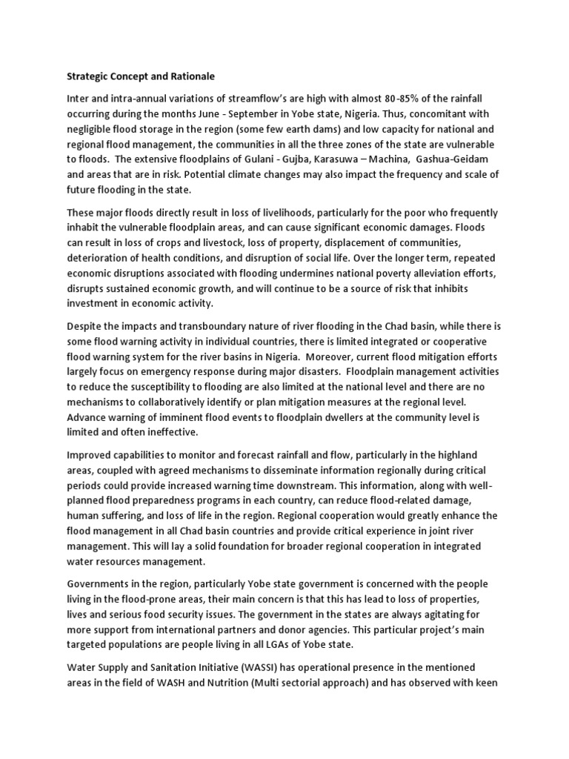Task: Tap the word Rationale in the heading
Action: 188,76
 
